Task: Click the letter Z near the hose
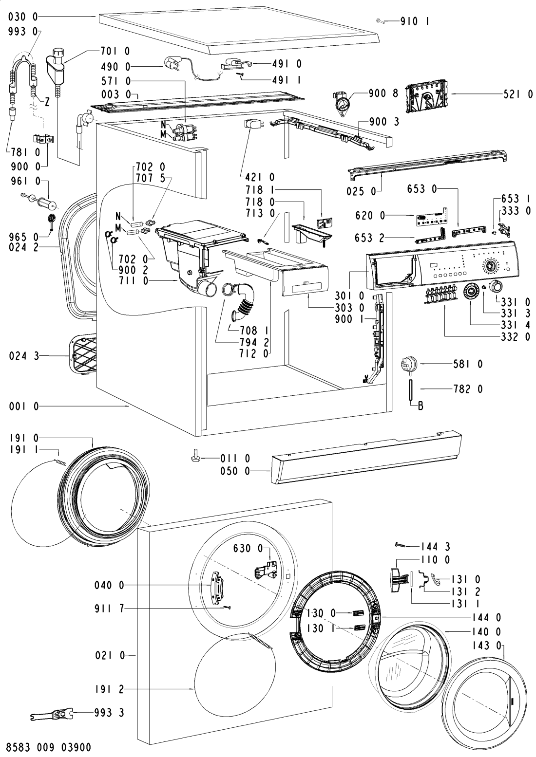coord(47,102)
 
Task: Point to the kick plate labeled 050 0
coord(365,458)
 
